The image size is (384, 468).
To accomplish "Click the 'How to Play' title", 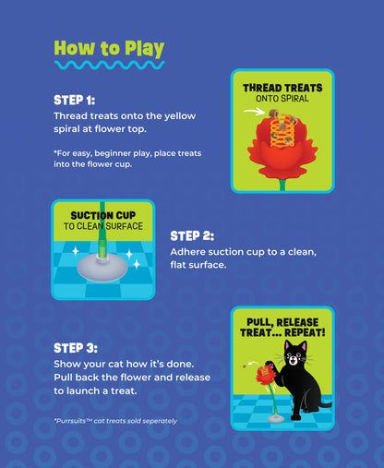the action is click(x=109, y=49).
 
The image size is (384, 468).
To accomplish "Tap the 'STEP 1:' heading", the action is click(x=75, y=101).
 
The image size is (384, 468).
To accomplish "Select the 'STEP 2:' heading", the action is click(x=192, y=236).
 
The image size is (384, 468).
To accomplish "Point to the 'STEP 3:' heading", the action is click(x=76, y=348).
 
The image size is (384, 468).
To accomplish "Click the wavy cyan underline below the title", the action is click(x=109, y=65).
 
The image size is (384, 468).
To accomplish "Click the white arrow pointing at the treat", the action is click(x=254, y=112).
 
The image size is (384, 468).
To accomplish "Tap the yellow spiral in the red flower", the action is click(x=282, y=130).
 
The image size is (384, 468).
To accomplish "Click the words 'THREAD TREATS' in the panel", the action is click(x=282, y=88).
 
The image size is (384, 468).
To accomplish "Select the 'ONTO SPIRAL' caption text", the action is click(x=282, y=99).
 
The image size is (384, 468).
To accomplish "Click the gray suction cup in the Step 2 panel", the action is click(x=102, y=269).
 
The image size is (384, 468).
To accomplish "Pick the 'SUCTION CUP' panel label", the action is click(x=103, y=215).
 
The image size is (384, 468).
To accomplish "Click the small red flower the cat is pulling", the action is click(x=265, y=374).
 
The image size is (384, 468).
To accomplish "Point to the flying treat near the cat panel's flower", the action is click(x=245, y=366).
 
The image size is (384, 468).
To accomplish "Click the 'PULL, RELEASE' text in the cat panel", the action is click(x=282, y=322).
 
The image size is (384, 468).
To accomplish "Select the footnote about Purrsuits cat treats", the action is click(x=115, y=421).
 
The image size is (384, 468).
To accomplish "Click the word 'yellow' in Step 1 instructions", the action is click(x=180, y=116).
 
